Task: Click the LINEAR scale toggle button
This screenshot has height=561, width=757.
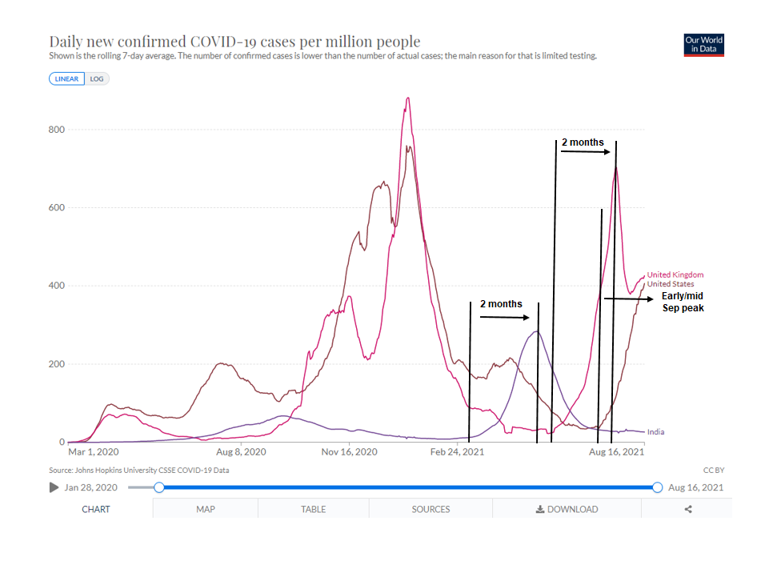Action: click(67, 78)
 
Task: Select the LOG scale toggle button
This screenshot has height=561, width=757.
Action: click(97, 78)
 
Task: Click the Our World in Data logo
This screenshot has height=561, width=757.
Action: click(704, 45)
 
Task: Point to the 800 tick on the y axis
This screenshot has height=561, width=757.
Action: click(56, 130)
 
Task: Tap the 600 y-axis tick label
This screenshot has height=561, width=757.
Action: click(56, 208)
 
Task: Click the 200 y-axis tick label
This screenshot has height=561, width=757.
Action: click(56, 364)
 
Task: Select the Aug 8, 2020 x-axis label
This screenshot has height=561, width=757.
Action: click(242, 452)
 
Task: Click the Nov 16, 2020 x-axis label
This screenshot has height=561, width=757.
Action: click(350, 452)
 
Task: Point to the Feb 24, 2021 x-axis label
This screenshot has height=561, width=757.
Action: click(457, 452)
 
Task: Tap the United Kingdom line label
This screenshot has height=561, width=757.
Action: click(675, 275)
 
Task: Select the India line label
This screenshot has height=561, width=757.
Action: click(655, 432)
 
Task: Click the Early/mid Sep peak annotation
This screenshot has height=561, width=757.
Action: click(683, 302)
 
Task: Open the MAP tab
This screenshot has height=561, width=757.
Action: click(206, 509)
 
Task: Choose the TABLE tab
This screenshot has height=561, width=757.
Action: click(313, 509)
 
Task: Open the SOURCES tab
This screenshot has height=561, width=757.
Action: click(431, 509)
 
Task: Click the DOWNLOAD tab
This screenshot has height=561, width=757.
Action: click(567, 509)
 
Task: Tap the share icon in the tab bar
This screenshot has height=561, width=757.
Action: click(688, 509)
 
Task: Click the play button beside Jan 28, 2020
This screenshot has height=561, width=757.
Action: click(54, 487)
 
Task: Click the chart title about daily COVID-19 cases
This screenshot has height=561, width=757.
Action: click(234, 42)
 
